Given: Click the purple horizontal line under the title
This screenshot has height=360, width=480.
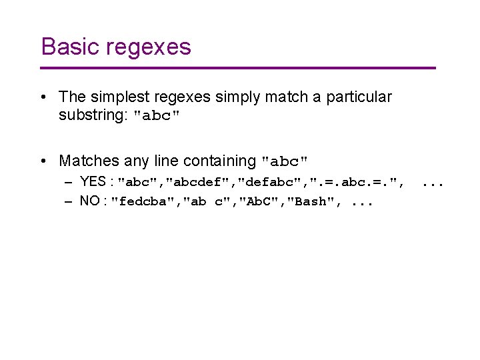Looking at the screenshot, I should [x=238, y=68].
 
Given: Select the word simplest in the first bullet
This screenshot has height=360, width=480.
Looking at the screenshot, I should [x=108, y=97].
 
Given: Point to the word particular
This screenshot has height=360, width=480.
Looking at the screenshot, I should [x=359, y=97].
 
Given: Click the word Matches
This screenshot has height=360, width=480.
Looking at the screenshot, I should [x=87, y=161].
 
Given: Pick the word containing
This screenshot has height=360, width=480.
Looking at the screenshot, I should [x=220, y=161].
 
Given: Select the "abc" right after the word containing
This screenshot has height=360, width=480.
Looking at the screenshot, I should [x=285, y=161].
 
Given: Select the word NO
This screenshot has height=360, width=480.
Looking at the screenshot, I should [x=91, y=201].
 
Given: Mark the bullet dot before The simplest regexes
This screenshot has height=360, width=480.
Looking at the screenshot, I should [x=43, y=98].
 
